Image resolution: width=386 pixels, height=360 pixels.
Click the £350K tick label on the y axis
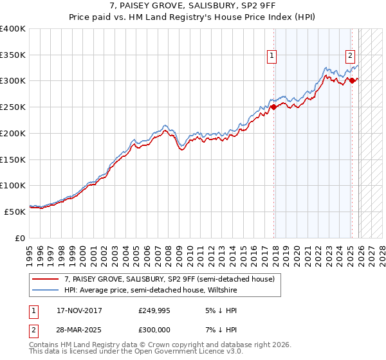tap(13, 55)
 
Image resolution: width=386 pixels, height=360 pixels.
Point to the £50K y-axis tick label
tap(15, 212)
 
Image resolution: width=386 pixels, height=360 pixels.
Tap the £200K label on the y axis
tap(13, 134)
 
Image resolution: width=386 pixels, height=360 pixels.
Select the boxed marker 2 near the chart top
tap(351, 56)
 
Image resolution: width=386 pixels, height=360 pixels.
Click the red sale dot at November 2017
tap(273, 107)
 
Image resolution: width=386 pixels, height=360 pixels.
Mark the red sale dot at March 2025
tap(352, 80)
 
